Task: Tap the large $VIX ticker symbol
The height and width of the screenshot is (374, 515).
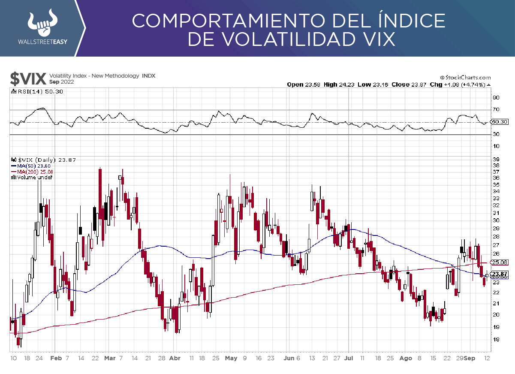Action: pyautogui.click(x=28, y=78)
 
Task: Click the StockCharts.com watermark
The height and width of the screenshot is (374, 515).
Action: pyautogui.click(x=465, y=78)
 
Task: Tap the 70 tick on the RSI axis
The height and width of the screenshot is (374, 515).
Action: pyautogui.click(x=496, y=110)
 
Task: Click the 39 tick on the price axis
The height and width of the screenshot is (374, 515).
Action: pyautogui.click(x=496, y=159)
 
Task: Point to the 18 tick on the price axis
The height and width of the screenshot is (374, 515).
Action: pyautogui.click(x=496, y=339)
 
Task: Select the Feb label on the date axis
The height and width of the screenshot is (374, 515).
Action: pyautogui.click(x=56, y=358)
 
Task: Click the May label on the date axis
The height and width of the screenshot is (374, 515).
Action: pyautogui.click(x=231, y=358)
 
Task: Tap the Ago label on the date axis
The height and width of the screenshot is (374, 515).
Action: pyautogui.click(x=405, y=358)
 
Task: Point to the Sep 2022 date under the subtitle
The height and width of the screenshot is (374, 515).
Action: pyautogui.click(x=61, y=81)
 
